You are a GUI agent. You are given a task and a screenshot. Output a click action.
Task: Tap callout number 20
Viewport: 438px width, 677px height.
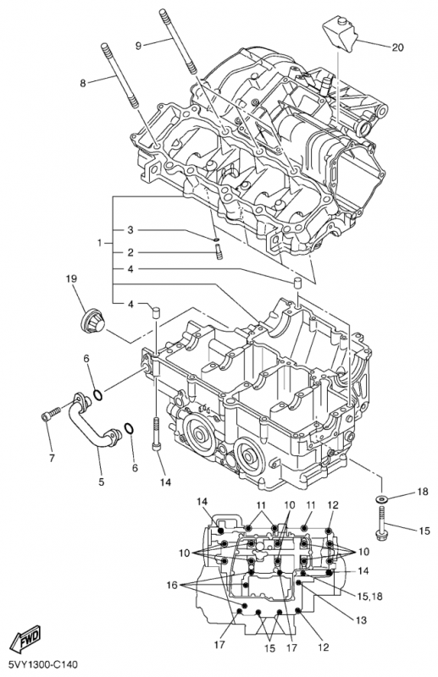(397, 47)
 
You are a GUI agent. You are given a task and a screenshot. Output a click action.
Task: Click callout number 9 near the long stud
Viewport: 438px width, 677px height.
(138, 46)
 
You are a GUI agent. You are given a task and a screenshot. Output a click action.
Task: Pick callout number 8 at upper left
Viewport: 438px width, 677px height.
(83, 83)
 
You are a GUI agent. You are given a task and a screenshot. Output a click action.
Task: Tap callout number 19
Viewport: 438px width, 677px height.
(71, 279)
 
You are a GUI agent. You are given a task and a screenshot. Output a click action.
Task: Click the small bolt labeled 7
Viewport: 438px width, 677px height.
(51, 415)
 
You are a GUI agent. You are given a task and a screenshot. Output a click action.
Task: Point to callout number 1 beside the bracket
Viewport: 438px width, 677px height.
(100, 243)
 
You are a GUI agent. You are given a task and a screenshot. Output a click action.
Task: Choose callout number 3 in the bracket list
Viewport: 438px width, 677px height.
(130, 229)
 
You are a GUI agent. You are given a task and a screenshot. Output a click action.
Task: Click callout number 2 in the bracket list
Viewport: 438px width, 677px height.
(130, 252)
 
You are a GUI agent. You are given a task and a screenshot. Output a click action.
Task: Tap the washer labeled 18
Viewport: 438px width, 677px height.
(381, 499)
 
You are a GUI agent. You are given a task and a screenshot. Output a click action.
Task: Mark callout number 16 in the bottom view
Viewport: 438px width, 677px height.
(172, 585)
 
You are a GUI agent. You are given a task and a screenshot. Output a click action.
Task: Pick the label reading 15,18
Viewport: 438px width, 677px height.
(370, 597)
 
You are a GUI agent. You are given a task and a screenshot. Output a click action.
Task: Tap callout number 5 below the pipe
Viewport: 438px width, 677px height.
(101, 482)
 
